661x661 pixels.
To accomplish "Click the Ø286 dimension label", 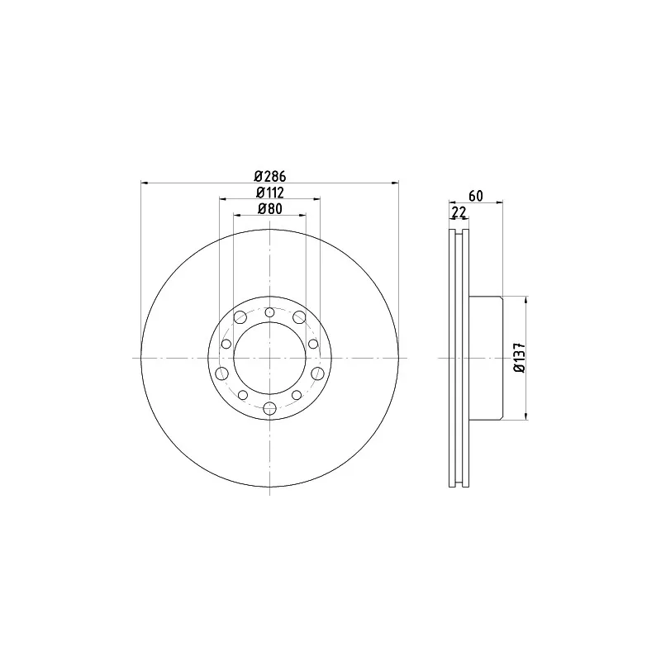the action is [270, 175].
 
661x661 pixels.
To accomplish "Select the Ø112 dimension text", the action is [270, 193].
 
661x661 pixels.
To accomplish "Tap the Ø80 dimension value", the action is [270, 209].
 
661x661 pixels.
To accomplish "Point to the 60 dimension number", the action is [476, 196].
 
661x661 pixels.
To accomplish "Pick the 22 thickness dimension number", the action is [459, 212].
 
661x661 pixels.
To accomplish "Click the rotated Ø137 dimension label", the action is [520, 358].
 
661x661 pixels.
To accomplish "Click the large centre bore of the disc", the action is [270, 358].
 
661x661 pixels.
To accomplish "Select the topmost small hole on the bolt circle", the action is [270, 313].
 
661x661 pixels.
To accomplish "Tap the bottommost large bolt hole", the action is [270, 408].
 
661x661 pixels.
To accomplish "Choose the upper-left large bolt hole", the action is [240, 317].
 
